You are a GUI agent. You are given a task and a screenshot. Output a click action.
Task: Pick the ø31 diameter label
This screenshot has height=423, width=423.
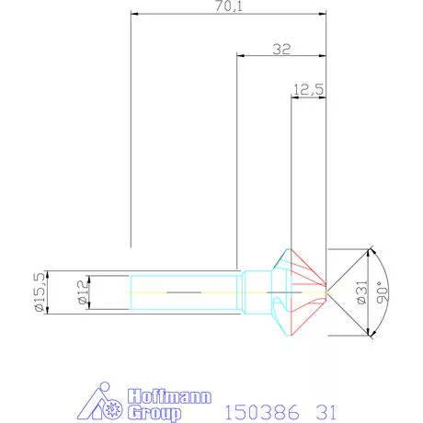click(360, 292)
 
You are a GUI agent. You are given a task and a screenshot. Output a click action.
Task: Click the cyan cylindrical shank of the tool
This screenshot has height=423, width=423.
click(184, 292)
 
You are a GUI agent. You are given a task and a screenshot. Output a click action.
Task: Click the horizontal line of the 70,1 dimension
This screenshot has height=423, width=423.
click(184, 14)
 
